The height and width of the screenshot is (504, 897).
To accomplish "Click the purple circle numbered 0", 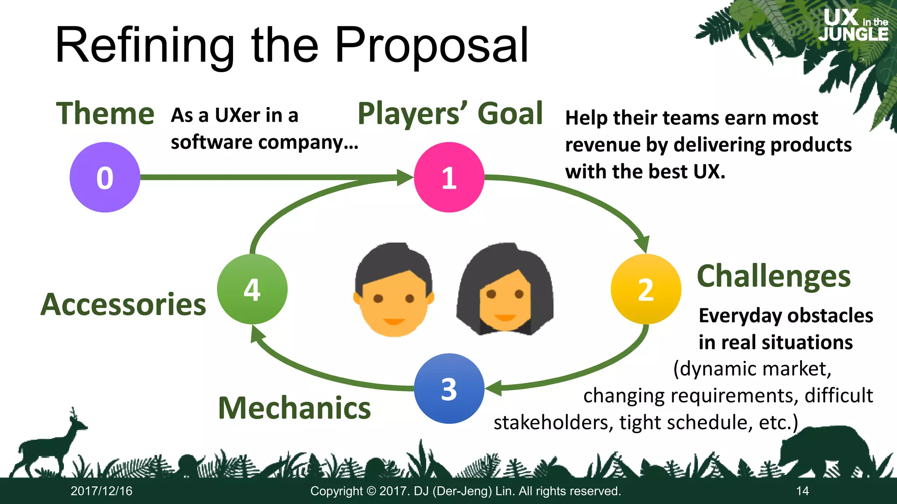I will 105,177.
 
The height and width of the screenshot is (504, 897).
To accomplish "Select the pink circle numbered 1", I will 449,177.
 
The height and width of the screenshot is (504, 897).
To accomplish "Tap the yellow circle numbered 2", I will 646,289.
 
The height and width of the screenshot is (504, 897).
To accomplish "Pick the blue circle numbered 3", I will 449,388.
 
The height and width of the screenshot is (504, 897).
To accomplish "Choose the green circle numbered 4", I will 252,289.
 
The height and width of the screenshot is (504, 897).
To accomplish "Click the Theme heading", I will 105,113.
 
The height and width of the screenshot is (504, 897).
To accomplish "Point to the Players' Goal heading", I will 450,113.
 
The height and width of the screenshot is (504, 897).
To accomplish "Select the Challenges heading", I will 773,276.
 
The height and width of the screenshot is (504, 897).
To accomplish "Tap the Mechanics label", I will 294,408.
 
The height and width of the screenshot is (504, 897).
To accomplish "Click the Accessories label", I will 124,304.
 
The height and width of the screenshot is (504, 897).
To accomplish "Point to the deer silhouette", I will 48,446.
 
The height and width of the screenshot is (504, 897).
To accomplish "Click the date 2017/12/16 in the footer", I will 102,491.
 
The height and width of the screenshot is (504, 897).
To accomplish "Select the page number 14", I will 802,491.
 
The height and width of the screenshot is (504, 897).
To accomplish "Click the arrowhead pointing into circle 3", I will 493,388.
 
